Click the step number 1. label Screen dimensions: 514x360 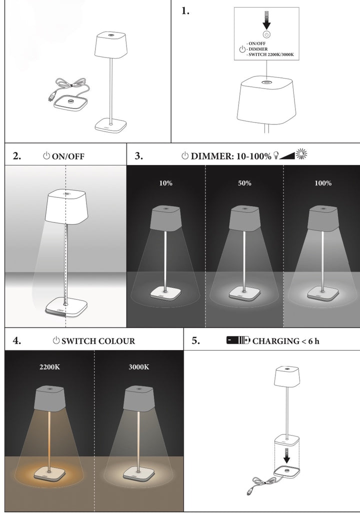(x=185, y=11)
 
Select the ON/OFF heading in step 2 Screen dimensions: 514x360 (x=68, y=156)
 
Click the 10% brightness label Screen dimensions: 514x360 (x=166, y=183)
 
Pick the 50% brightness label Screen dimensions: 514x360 (x=244, y=183)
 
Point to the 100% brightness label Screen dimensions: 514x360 (x=323, y=183)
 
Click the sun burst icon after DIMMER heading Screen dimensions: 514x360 (x=301, y=155)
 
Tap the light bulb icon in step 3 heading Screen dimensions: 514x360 (x=275, y=155)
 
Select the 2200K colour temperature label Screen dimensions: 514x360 (x=49, y=366)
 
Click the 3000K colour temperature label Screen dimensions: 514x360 (x=138, y=366)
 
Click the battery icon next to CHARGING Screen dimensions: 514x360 (x=238, y=341)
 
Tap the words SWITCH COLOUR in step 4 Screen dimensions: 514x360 (x=98, y=341)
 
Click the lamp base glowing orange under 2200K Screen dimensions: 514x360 (x=49, y=473)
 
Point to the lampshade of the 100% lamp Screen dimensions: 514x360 (x=322, y=218)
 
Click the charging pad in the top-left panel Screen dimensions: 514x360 (x=70, y=103)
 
